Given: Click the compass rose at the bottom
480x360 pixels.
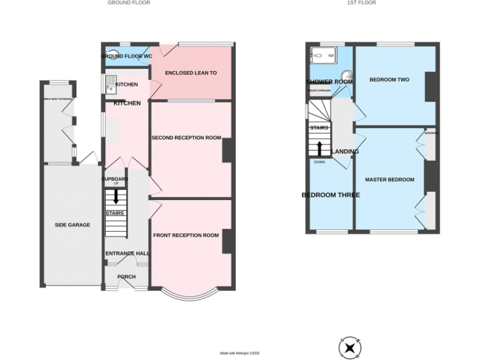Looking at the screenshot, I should [x=350, y=347].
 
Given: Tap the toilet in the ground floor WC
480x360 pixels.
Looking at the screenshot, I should [x=112, y=54].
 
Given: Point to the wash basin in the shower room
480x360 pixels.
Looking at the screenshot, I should [x=349, y=78].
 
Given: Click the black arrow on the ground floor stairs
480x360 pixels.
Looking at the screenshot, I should [x=116, y=196].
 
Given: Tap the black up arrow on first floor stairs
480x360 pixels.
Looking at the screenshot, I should [x=320, y=148].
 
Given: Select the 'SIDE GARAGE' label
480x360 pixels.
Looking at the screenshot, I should [x=72, y=225].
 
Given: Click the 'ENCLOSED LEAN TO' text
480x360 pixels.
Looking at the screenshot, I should [x=191, y=73].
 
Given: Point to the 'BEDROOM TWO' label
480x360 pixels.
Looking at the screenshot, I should [x=389, y=80].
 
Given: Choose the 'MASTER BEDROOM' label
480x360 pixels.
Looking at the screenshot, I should [x=389, y=180].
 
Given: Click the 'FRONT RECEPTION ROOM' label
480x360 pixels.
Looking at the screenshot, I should [x=186, y=236].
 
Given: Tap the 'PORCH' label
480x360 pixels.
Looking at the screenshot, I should [x=126, y=277].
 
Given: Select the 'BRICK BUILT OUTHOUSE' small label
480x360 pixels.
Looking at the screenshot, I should [x=57, y=99].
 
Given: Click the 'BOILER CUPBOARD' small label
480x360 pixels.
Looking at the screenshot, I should [x=318, y=91].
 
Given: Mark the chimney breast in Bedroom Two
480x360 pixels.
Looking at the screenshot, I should [x=431, y=87].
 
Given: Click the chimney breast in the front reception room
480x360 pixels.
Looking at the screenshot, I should [x=228, y=241].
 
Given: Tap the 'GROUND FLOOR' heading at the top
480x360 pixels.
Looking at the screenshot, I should [x=129, y=3].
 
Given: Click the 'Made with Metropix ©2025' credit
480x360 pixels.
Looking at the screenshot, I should [x=239, y=354].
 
